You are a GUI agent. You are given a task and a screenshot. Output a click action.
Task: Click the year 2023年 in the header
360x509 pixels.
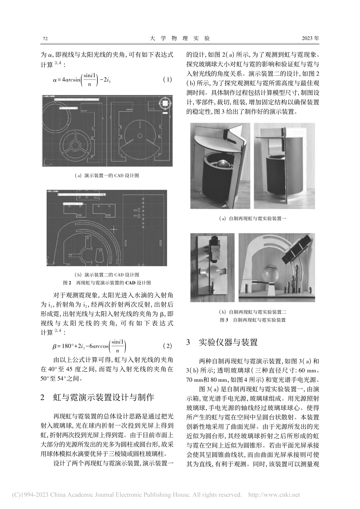310,39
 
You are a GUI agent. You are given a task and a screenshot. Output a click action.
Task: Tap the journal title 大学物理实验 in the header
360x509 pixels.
180,39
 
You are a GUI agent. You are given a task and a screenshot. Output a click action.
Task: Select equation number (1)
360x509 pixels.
167,80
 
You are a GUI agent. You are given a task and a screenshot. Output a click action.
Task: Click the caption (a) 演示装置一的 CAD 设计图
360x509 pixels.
107,175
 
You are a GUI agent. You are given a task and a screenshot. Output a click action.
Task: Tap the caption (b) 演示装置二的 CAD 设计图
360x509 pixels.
107,275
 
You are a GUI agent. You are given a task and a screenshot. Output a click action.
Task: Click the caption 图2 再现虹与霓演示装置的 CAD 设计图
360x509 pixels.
107,282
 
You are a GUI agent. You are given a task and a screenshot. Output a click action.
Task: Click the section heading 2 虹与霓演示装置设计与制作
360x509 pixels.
97,397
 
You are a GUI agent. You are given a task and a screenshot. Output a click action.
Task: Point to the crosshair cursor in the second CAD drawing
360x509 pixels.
113,229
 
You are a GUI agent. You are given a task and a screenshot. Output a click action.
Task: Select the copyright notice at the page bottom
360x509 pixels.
151,495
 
